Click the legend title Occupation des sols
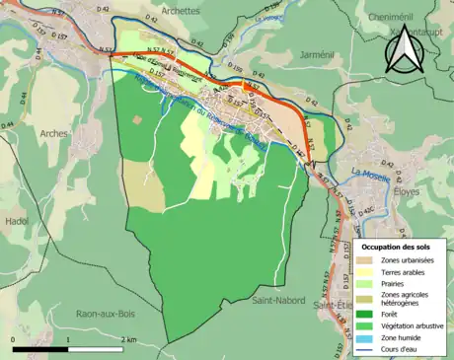[396, 246]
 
